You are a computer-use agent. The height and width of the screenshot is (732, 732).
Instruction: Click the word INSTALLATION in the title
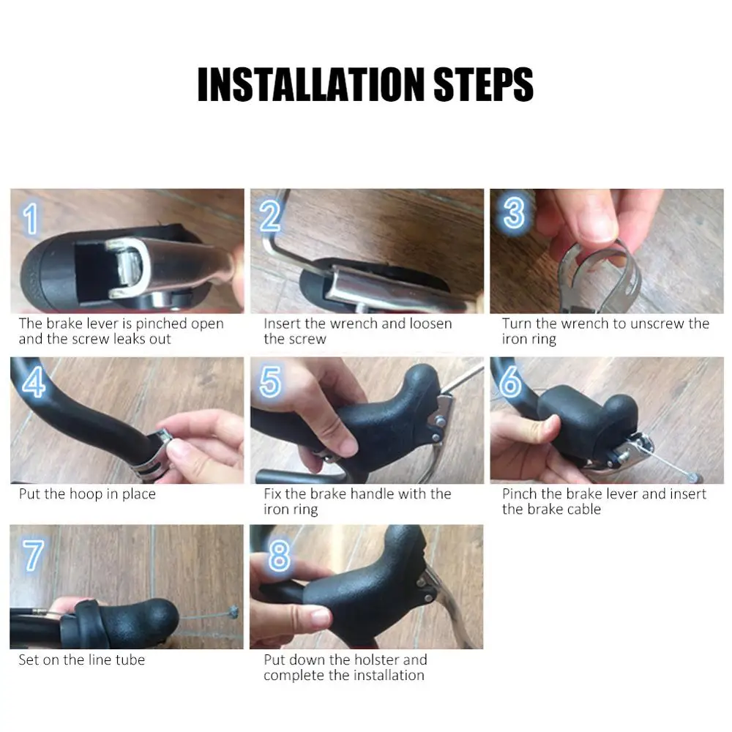[x=311, y=85]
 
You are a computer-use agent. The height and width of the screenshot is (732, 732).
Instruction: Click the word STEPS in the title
[x=484, y=85]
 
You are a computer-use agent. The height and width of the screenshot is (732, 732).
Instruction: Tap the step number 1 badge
[x=30, y=219]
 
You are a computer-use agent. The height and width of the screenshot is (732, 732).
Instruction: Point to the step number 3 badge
[x=514, y=213]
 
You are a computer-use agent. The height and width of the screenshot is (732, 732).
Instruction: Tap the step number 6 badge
[x=510, y=382]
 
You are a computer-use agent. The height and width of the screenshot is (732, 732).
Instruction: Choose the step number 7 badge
[x=32, y=556]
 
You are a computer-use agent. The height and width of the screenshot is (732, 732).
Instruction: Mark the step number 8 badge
[x=279, y=556]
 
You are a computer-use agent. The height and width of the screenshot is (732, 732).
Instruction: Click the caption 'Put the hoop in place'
[x=87, y=494]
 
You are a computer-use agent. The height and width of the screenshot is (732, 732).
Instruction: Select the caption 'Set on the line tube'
[x=82, y=660]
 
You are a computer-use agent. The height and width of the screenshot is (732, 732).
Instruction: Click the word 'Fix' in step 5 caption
[x=273, y=494]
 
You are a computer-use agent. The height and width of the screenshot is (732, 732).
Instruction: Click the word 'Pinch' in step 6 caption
[x=520, y=494]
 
